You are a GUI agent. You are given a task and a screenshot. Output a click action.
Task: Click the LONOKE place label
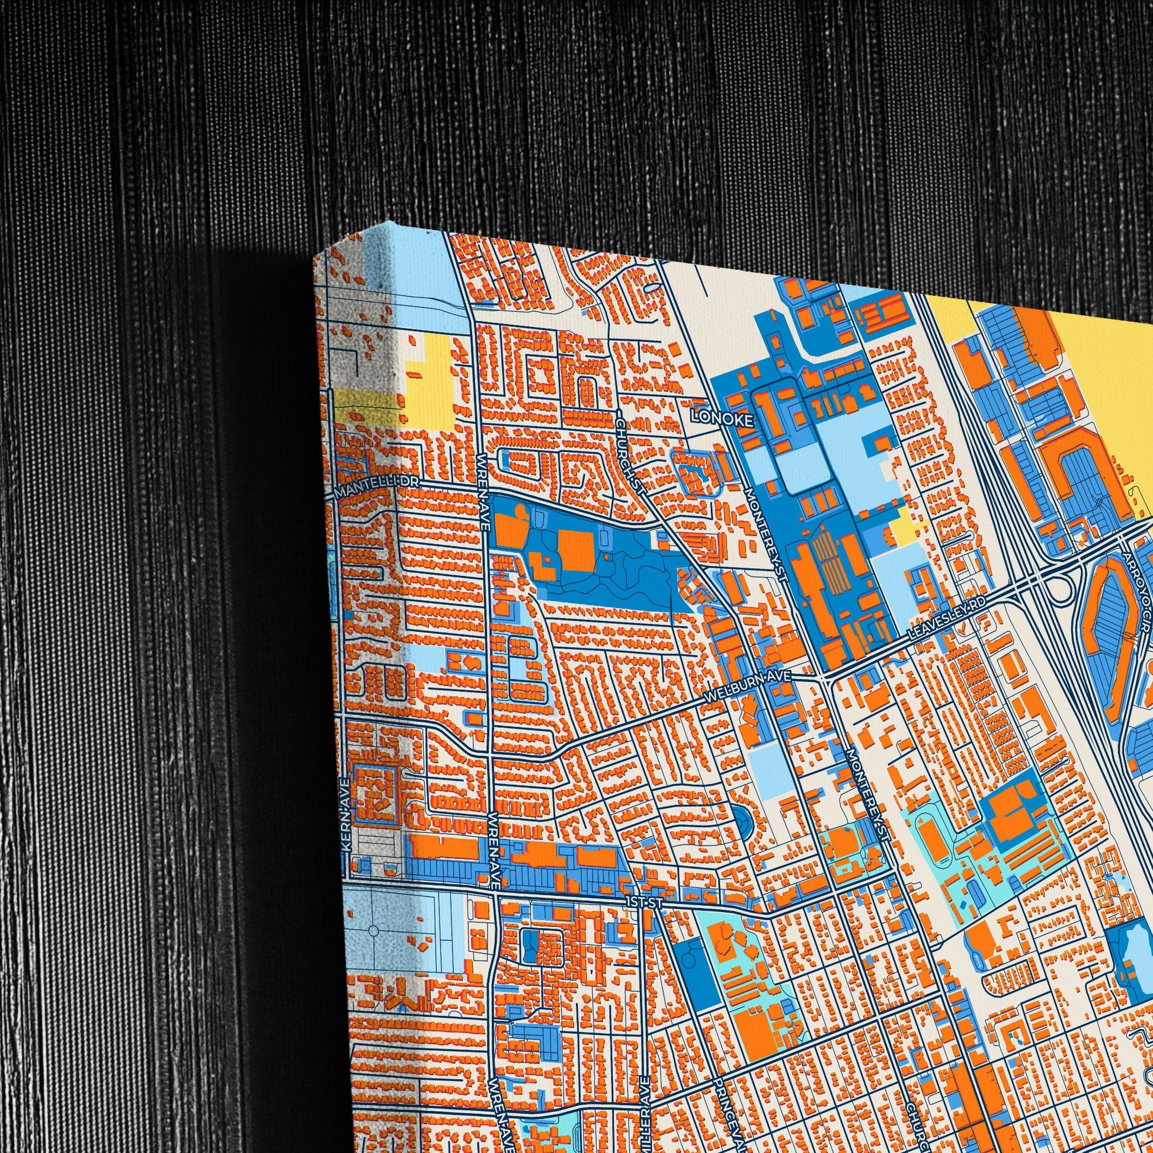pos(722,419)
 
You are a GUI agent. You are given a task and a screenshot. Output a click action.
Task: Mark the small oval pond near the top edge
pos(653,287)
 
